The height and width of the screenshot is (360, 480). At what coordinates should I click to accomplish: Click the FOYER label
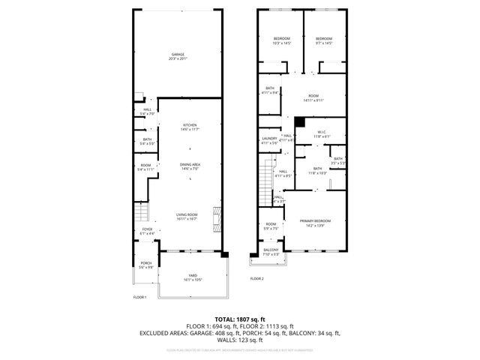coord(146,231)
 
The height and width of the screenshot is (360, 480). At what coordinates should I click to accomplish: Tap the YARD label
coord(193,277)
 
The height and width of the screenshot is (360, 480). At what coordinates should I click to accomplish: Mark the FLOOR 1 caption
coord(139,297)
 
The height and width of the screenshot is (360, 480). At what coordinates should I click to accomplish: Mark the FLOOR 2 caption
coord(256,278)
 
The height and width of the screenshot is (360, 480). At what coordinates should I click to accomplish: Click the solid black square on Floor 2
coord(298,121)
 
